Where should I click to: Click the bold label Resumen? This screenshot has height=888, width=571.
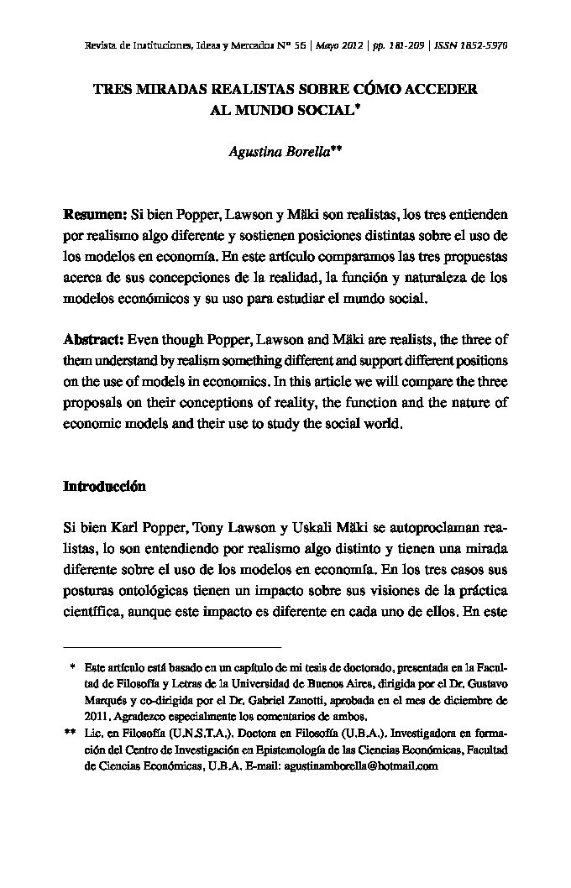tap(96, 216)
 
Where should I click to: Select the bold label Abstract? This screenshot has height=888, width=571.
tap(94, 340)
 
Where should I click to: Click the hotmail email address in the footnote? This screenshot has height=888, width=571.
tap(362, 766)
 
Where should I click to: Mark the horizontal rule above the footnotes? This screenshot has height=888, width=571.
tap(172, 648)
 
